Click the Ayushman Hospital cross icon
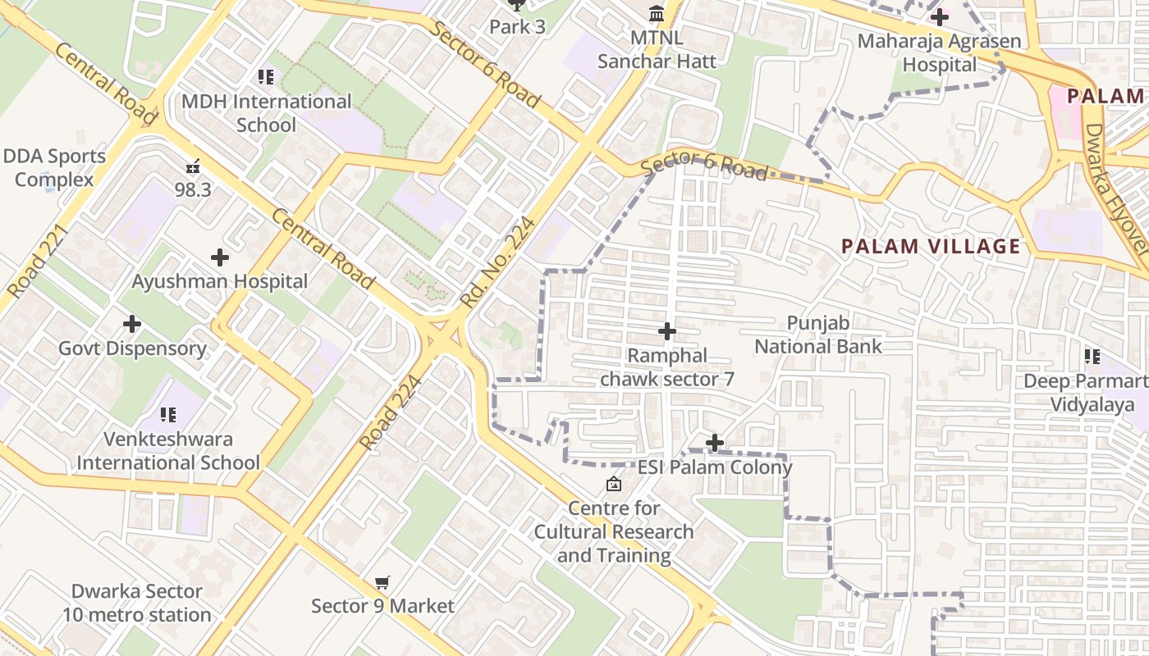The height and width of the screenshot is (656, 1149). [x=219, y=257]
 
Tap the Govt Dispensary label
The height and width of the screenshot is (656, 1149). [x=132, y=348]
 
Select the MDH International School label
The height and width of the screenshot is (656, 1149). [x=266, y=113]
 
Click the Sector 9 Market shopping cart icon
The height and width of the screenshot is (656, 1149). [x=382, y=583]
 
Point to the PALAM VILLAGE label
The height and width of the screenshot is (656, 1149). [x=931, y=246]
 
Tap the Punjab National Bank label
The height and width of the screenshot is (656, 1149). [x=817, y=335]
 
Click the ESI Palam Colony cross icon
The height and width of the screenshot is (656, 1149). [x=715, y=444]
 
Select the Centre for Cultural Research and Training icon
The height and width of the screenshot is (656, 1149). [x=613, y=484]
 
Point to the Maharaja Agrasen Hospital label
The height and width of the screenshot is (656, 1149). [x=939, y=52]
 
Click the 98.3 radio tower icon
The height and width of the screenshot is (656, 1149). [x=193, y=166]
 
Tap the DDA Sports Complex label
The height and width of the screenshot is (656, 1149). [x=54, y=167]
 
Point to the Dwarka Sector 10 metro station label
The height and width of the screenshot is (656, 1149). [x=136, y=603]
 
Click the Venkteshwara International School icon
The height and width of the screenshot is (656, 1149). [x=168, y=415]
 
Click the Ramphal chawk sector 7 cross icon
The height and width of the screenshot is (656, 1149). [x=667, y=331]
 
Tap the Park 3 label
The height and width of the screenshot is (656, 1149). [x=517, y=26]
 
